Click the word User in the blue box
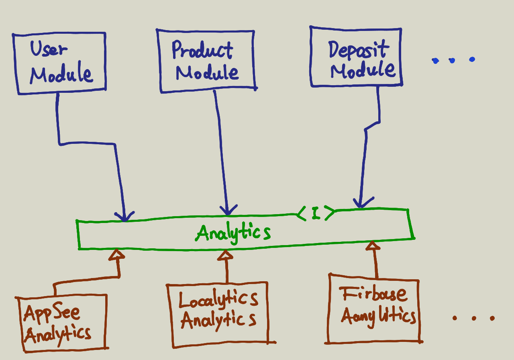[49, 49]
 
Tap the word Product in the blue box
[202, 50]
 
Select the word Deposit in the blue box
[359, 50]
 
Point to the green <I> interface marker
[316, 213]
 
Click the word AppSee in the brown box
[52, 313]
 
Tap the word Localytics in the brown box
[218, 299]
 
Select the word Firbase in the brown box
[373, 295]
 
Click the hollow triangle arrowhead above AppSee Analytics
[118, 254]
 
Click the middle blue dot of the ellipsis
[452, 61]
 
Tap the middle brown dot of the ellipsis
[474, 318]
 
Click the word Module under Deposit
[363, 71]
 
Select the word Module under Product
[207, 73]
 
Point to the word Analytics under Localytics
[218, 320]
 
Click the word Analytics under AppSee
[57, 334]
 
